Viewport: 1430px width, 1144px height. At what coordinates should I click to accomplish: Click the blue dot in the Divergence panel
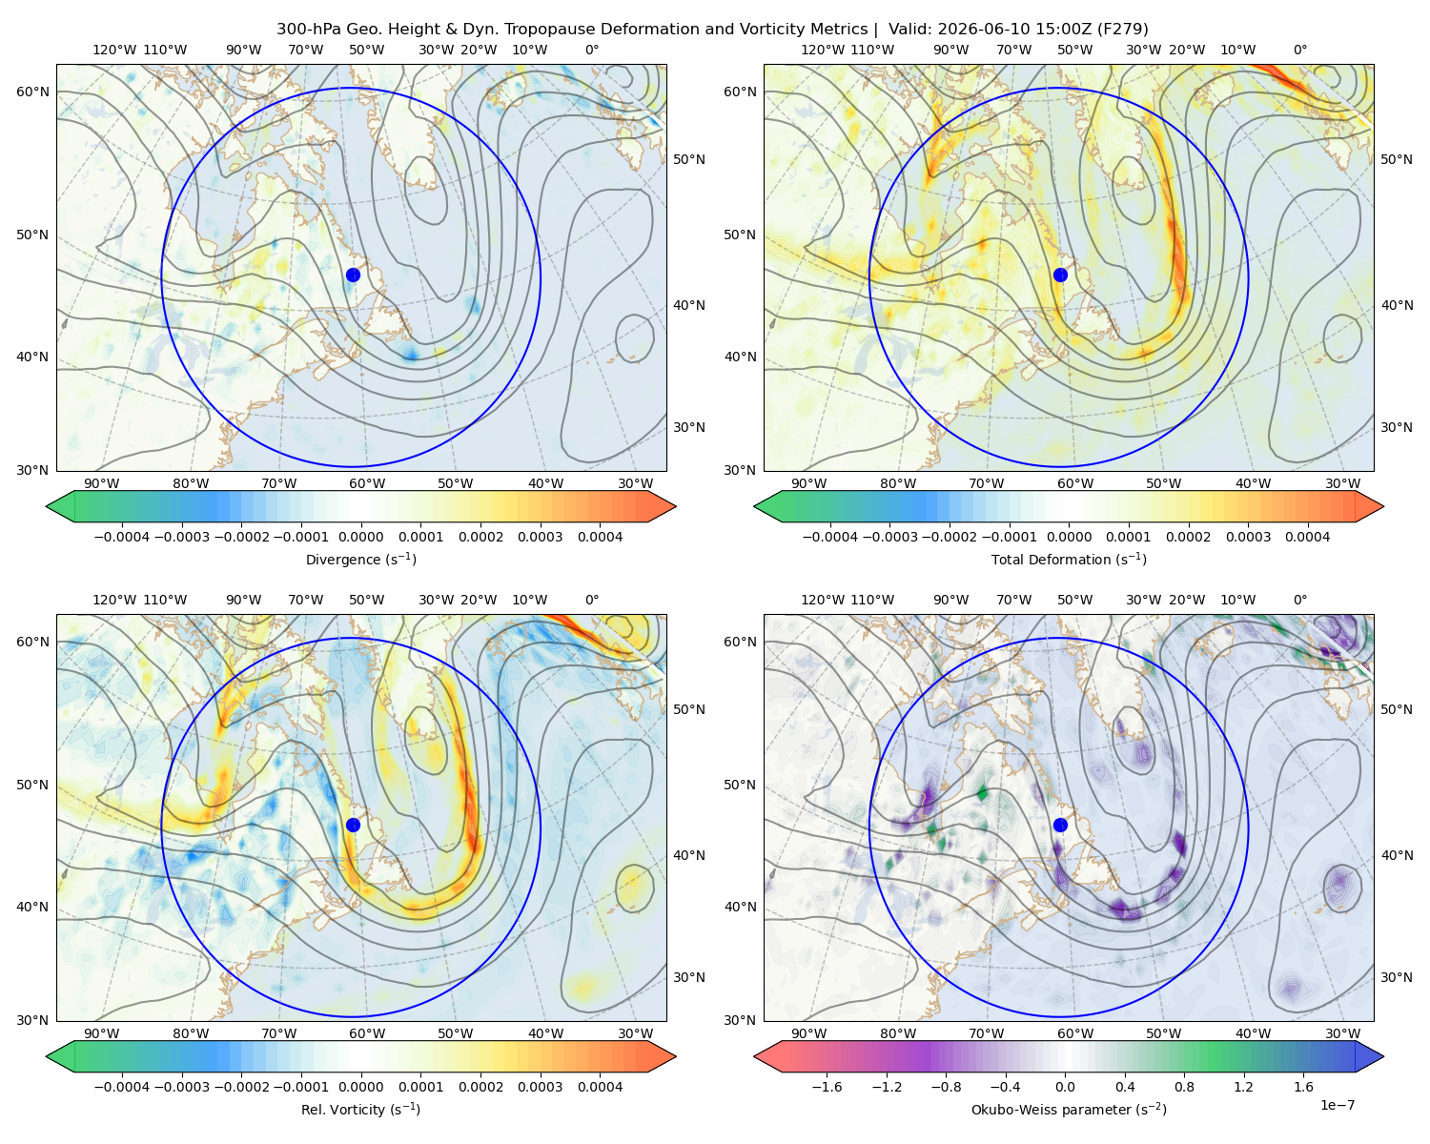353,276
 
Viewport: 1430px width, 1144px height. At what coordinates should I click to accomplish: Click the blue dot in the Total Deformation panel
1060,276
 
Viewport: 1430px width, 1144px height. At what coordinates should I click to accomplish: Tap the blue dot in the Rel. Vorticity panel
353,825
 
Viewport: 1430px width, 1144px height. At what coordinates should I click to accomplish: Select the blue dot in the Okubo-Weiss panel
1060,825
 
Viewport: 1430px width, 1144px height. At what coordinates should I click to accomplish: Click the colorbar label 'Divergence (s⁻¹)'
360,560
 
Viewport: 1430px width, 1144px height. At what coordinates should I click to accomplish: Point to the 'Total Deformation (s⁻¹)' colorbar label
1069,560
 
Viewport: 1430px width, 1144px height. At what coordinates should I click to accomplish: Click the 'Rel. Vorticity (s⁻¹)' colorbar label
360,1110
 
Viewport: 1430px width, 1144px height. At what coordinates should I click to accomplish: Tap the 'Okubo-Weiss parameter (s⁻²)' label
1069,1110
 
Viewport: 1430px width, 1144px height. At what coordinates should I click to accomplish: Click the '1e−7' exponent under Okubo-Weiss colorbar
1337,1106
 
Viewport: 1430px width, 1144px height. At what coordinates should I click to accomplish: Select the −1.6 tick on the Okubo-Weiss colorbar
827,1087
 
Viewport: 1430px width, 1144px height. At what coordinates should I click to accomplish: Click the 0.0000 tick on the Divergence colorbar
360,537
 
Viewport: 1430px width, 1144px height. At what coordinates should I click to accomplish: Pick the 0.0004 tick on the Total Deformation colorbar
1307,537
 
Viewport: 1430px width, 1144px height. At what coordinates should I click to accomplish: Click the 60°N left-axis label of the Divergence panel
32,92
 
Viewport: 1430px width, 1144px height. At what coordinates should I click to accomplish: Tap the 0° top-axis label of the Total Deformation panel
1299,50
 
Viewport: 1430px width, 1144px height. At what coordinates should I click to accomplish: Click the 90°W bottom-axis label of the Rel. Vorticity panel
102,1033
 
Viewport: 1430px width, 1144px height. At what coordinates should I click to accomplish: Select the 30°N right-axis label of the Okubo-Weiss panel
1397,977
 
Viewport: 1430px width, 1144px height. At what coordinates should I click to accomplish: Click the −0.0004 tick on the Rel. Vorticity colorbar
122,1087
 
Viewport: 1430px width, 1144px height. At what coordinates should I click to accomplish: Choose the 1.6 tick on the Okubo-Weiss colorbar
1303,1087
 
